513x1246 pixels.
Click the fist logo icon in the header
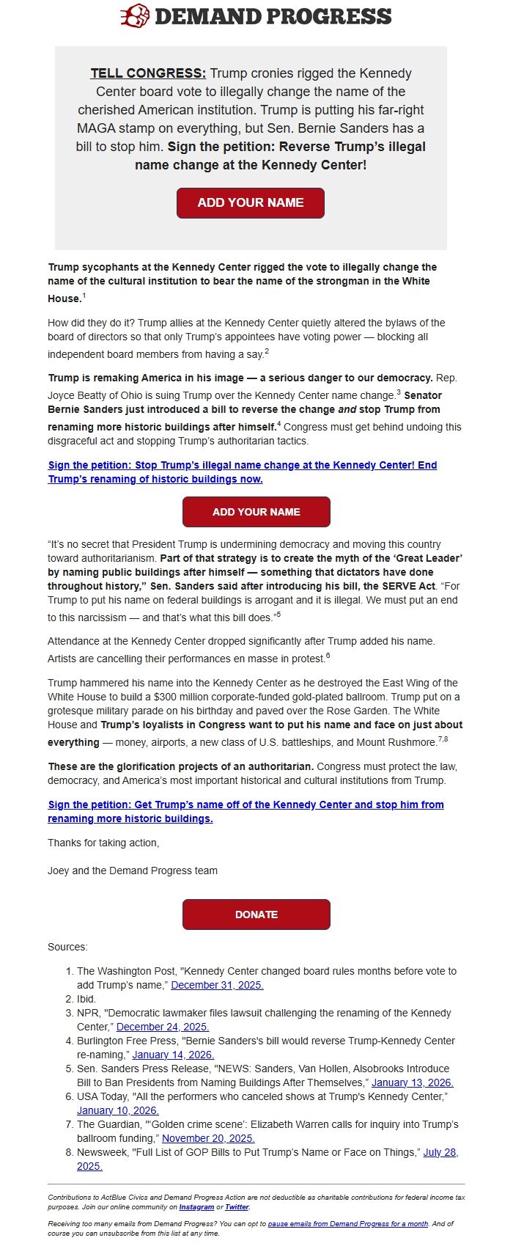(135, 16)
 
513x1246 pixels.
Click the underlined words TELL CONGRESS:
(148, 73)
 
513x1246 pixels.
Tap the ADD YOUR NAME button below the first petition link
(256, 512)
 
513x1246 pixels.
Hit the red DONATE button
(256, 915)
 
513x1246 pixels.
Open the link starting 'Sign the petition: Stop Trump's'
(242, 472)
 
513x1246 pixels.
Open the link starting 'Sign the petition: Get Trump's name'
(246, 812)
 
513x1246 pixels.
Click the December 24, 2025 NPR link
(163, 1027)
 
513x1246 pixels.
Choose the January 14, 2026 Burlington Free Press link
(173, 1055)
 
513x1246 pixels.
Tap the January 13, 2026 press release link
(412, 1082)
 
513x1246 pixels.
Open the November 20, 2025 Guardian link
(208, 1138)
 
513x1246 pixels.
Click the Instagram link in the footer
(196, 1207)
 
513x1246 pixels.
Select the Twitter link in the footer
(237, 1207)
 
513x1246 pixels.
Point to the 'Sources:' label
(67, 947)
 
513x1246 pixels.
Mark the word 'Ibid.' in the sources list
(86, 999)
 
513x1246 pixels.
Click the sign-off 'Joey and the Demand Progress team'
(133, 871)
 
